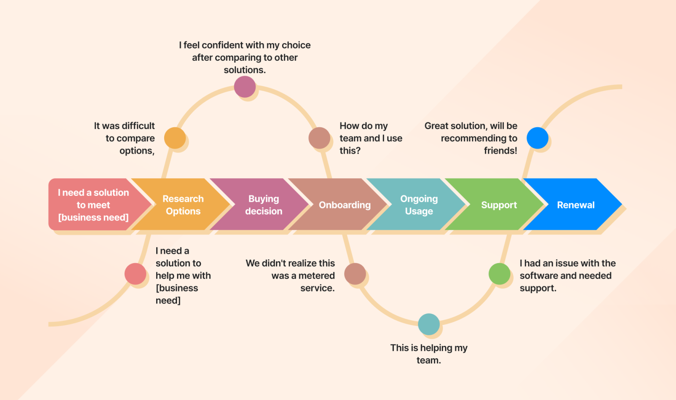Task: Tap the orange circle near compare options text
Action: (175, 138)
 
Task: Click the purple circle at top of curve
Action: (245, 87)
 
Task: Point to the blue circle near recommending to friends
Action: (537, 138)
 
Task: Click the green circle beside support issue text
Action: (500, 274)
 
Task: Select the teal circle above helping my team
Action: (429, 324)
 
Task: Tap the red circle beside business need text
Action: (135, 274)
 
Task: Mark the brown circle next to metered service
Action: (355, 274)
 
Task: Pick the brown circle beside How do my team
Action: (319, 138)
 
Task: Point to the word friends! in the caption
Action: (500, 150)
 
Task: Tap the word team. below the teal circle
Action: (429, 360)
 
